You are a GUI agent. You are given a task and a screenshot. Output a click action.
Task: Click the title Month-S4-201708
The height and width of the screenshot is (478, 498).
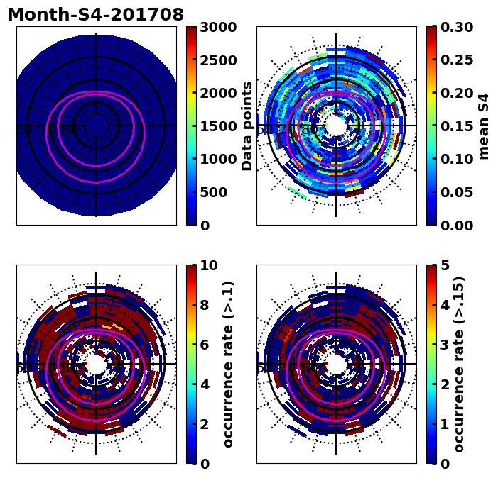pos(95,15)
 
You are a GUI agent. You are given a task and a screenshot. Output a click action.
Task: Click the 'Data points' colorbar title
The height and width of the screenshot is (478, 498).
pos(247,126)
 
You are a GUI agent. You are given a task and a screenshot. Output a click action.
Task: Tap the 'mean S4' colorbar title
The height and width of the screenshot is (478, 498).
pos(484,126)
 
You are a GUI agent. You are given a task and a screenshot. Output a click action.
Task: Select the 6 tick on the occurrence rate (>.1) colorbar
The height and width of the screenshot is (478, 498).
pos(203,345)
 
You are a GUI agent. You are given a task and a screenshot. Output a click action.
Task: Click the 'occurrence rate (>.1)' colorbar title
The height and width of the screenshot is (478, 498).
pos(228,364)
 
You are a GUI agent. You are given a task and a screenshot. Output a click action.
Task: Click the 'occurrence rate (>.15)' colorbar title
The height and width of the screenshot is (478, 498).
pos(459,364)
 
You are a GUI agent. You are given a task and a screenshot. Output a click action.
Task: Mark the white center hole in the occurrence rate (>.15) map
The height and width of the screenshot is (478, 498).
pos(335,364)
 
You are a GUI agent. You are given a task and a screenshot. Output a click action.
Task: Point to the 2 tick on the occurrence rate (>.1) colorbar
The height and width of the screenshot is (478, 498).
pos(203,424)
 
